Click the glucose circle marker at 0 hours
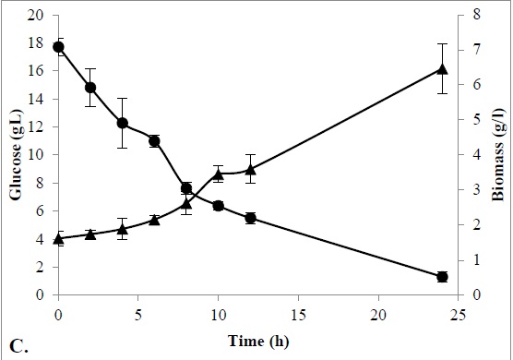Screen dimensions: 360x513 (58, 47)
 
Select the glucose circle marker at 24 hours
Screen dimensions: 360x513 (442, 277)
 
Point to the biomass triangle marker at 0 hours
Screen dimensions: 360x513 (58, 239)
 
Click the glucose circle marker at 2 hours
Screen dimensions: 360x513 (90, 88)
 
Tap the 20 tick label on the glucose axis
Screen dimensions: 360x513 (35, 16)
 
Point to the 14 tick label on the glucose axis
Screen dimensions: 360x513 (35, 100)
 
